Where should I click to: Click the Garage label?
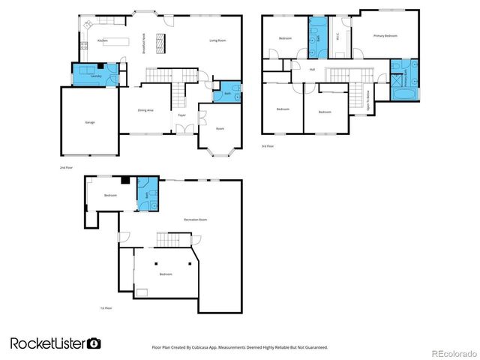point(90,122)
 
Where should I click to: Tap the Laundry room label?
point(95,76)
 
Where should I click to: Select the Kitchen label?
point(103,40)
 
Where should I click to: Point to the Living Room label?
point(217,40)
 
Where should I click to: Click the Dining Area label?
point(145,110)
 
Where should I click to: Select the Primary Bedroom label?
point(385,35)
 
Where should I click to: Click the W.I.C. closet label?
point(337,35)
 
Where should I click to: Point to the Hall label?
point(311,70)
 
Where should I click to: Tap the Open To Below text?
point(368,100)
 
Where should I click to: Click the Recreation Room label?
point(196,220)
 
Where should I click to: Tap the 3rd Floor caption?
point(267,146)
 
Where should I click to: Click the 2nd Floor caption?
point(65,168)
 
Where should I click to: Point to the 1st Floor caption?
point(106,308)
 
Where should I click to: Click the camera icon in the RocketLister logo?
point(94,343)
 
